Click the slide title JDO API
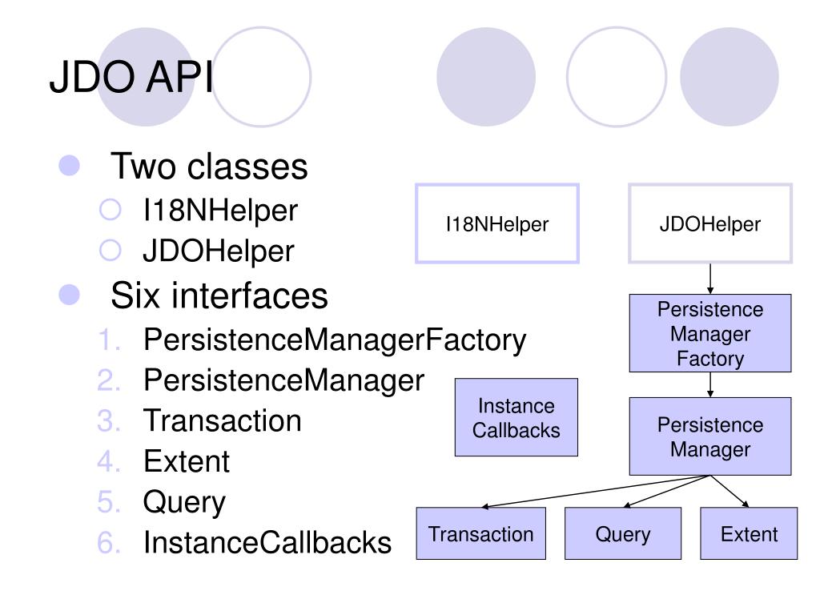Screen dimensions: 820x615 point(131,76)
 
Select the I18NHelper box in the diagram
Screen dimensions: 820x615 point(496,223)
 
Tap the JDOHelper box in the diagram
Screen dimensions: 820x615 point(710,223)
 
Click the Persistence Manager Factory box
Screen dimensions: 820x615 point(710,333)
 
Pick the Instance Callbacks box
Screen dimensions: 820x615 point(517,417)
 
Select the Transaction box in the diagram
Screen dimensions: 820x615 point(480,533)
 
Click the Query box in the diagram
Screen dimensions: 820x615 point(623,533)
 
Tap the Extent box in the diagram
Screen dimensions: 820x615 point(749,533)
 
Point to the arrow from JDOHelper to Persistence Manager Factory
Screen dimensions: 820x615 point(710,279)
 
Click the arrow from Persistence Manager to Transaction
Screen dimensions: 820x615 point(596,492)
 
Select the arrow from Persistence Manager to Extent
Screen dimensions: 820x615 point(730,491)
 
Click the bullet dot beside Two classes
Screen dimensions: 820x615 point(69,166)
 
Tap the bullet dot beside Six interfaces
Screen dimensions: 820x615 point(69,295)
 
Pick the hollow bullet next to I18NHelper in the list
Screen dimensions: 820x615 point(110,210)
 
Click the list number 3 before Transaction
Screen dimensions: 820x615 point(109,420)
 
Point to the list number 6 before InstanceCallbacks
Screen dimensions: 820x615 point(109,542)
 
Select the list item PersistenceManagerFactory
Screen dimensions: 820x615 point(335,340)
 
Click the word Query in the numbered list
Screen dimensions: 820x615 point(184,503)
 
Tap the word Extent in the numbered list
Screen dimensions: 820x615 point(187,461)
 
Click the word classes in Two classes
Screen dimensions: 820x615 point(247,167)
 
